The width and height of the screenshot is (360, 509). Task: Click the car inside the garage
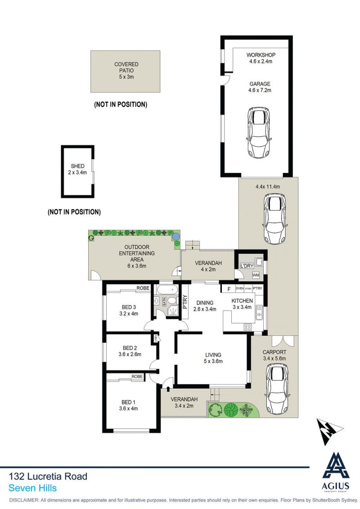[x=259, y=132]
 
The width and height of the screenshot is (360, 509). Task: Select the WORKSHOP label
[x=261, y=55]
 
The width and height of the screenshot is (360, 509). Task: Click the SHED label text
[x=77, y=166]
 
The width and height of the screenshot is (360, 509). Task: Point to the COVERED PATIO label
[x=126, y=67]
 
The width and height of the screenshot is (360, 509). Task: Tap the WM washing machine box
[x=256, y=275]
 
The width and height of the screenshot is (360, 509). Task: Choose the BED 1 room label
[x=129, y=402]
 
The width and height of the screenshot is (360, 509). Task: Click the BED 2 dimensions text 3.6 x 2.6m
[x=130, y=354]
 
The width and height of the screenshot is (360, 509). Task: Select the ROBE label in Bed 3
[x=143, y=288]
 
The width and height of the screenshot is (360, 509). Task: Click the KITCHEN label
[x=242, y=301]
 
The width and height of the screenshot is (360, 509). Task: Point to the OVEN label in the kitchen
[x=239, y=288]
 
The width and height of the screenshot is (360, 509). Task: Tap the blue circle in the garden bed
[x=175, y=236]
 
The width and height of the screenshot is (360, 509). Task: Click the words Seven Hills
[x=32, y=488]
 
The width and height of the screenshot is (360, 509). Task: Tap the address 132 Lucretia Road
[x=48, y=476]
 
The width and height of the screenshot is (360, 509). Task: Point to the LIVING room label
[x=213, y=355]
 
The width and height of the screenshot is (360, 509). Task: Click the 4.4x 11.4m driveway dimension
[x=268, y=187]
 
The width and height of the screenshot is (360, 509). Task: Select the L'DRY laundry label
[x=247, y=266]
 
